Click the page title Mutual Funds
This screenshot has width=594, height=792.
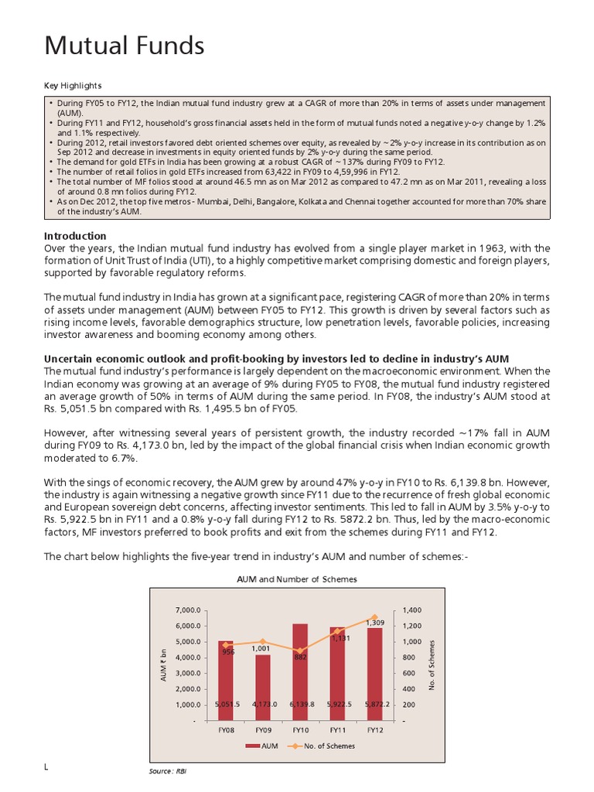coord(124,46)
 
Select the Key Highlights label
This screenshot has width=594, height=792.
coord(73,85)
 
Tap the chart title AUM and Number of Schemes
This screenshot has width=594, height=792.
coord(297,579)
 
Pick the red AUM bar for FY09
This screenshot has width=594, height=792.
coord(263,688)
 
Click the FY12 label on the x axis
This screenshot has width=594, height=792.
coord(374,729)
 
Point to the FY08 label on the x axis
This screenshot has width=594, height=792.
coord(226,729)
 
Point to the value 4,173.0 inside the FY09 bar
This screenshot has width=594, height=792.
coord(263,705)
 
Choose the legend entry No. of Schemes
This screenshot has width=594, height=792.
coord(328,746)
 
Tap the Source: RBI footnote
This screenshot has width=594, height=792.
coord(162,772)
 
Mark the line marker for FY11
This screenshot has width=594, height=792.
coord(337,631)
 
